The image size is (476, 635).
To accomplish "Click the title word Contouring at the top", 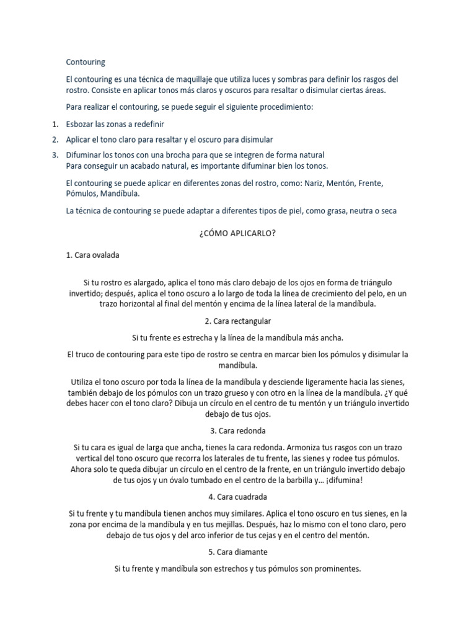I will point(86,62).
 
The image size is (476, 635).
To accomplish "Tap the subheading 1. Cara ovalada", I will point(93,255).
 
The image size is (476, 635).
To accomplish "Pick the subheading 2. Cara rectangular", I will point(237,321).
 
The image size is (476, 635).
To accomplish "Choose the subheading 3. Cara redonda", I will point(237,430).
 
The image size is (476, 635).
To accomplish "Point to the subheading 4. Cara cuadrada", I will point(237,497).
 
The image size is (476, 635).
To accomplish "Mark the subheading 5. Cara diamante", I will point(237,551).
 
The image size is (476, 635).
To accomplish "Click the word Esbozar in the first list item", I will point(81,125).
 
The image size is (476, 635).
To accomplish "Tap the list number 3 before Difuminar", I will point(55,154).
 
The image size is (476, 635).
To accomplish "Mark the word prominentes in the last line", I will point(335,568).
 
